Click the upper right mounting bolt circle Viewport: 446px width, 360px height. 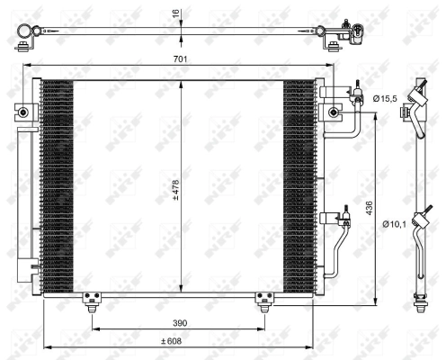click(334, 112)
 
